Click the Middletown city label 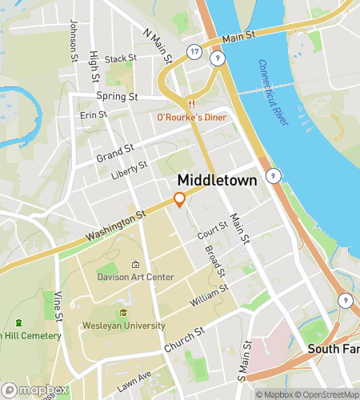[x=217, y=181]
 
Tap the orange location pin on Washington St [x=180, y=199]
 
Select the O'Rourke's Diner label [x=191, y=118]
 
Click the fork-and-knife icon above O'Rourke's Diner [x=190, y=104]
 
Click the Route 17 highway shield [x=194, y=51]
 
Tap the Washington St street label [x=118, y=226]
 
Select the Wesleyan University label [x=123, y=326]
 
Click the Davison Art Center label [x=135, y=277]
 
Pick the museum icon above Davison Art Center [x=135, y=265]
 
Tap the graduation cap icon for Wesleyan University [x=123, y=313]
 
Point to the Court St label [x=214, y=230]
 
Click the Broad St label [x=214, y=262]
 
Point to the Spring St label [x=118, y=96]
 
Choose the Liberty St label [x=130, y=170]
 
